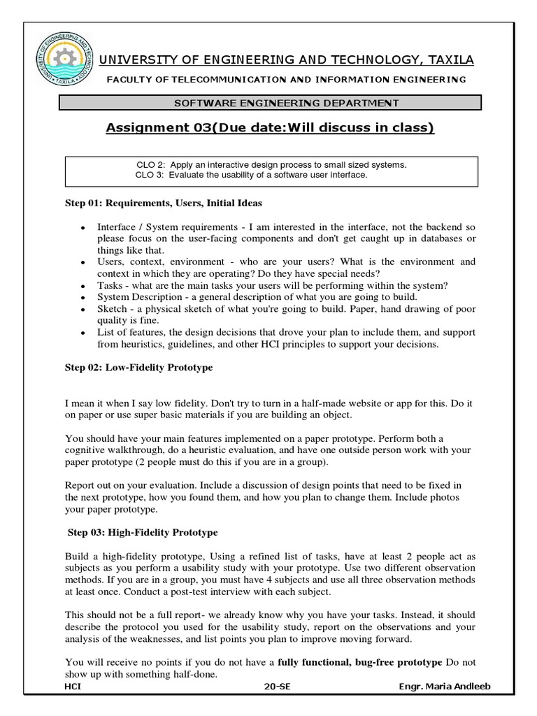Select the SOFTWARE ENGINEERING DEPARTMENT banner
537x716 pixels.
270,103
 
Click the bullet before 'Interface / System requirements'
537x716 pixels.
83,229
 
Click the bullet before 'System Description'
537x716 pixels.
83,297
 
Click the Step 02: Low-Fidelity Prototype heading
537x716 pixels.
138,367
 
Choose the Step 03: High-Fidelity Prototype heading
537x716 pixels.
143,532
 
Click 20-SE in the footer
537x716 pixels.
277,687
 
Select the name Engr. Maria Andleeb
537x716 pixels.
444,687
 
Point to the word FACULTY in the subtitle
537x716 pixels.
129,80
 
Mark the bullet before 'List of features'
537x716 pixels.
83,332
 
